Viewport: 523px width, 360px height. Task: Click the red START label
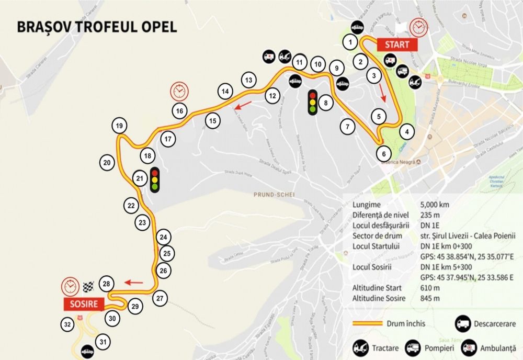click(x=397, y=45)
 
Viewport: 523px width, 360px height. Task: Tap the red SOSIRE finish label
click(x=84, y=303)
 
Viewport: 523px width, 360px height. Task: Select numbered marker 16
click(x=179, y=111)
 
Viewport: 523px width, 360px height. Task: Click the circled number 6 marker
click(x=384, y=154)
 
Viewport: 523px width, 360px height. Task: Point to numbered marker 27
click(x=161, y=298)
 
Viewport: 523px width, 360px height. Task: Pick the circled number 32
click(x=67, y=324)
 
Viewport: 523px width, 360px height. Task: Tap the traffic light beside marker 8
click(x=313, y=103)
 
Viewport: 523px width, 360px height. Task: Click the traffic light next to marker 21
click(x=155, y=179)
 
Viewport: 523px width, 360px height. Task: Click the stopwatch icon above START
click(x=418, y=26)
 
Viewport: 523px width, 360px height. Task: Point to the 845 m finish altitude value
click(x=430, y=298)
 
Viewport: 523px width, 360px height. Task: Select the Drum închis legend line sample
click(x=373, y=324)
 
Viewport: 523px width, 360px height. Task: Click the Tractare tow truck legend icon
click(x=361, y=346)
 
